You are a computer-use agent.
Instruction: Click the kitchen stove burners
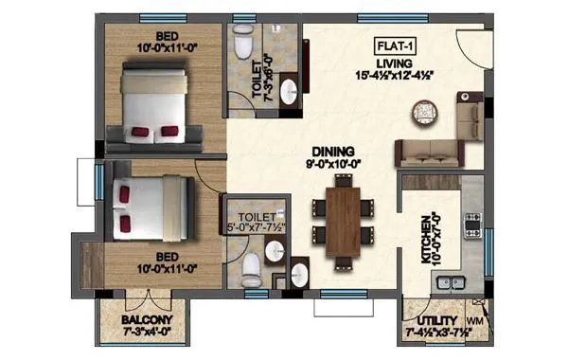471,224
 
